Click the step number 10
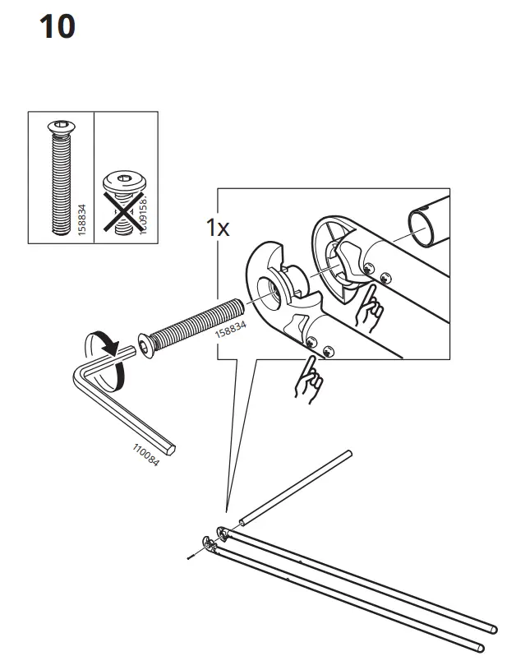click(x=57, y=27)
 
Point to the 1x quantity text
click(x=218, y=228)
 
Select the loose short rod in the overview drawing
click(x=296, y=486)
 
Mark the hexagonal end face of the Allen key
click(x=172, y=449)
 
